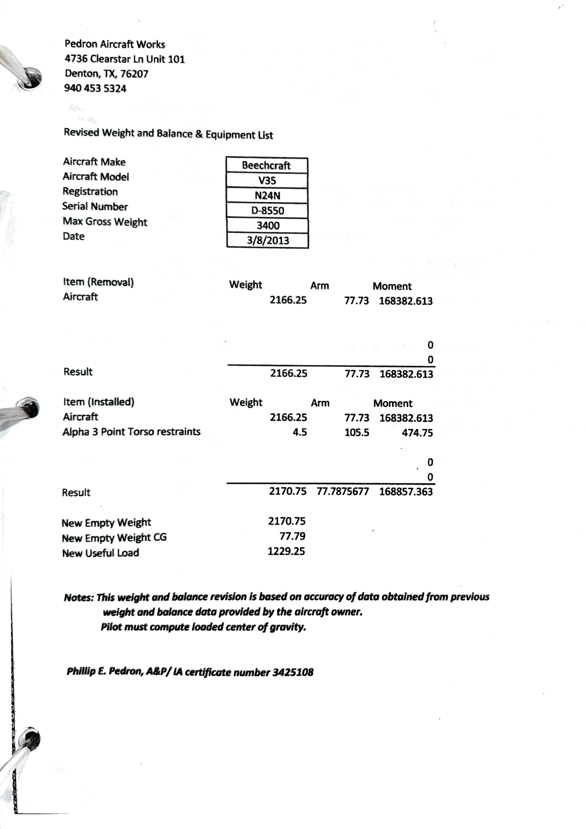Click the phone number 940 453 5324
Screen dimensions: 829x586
click(95, 88)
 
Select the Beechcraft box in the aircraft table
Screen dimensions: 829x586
click(266, 165)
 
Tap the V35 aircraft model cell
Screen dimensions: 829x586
click(267, 180)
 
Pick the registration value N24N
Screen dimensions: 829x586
click(267, 196)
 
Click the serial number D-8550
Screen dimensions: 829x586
click(267, 210)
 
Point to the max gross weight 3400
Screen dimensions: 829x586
click(268, 226)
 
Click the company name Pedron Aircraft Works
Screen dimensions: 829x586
click(115, 44)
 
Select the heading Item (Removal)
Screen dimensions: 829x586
click(98, 282)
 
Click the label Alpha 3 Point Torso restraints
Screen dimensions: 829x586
click(131, 432)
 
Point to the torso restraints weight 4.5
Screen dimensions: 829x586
click(300, 432)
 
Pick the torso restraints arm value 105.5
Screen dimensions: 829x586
click(357, 433)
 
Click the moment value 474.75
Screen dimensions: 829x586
click(417, 433)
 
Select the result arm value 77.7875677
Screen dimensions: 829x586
click(343, 491)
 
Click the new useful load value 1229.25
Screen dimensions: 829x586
click(286, 551)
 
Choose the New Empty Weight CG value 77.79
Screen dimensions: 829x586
click(292, 536)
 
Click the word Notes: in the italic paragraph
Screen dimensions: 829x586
click(79, 597)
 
